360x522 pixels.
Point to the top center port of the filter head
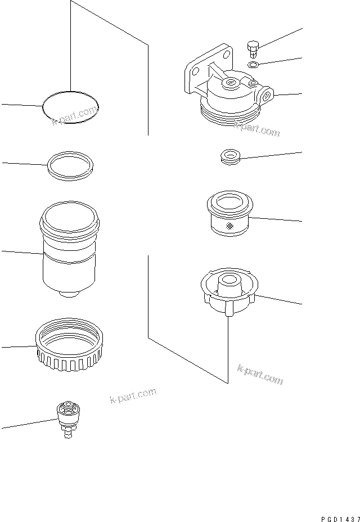(231, 85)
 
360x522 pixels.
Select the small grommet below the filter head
(229, 156)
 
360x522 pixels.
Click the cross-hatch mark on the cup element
(229, 227)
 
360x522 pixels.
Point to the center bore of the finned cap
(229, 280)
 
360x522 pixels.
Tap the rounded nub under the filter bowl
(69, 294)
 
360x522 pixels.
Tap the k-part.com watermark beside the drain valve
(133, 397)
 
